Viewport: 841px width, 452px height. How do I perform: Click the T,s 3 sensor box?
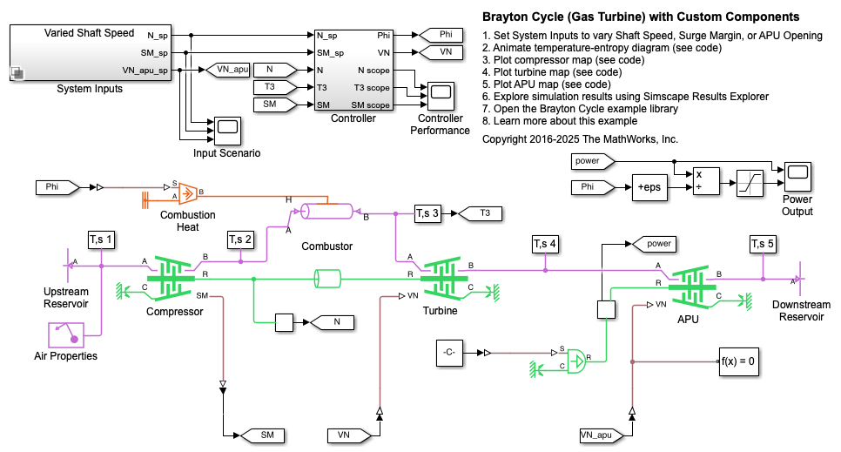[427, 213]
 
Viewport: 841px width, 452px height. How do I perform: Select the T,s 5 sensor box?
[763, 245]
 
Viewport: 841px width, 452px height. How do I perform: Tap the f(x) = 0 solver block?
[738, 361]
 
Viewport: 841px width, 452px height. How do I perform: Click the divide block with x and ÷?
[706, 180]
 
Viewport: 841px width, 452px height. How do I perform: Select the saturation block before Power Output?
[751, 182]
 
